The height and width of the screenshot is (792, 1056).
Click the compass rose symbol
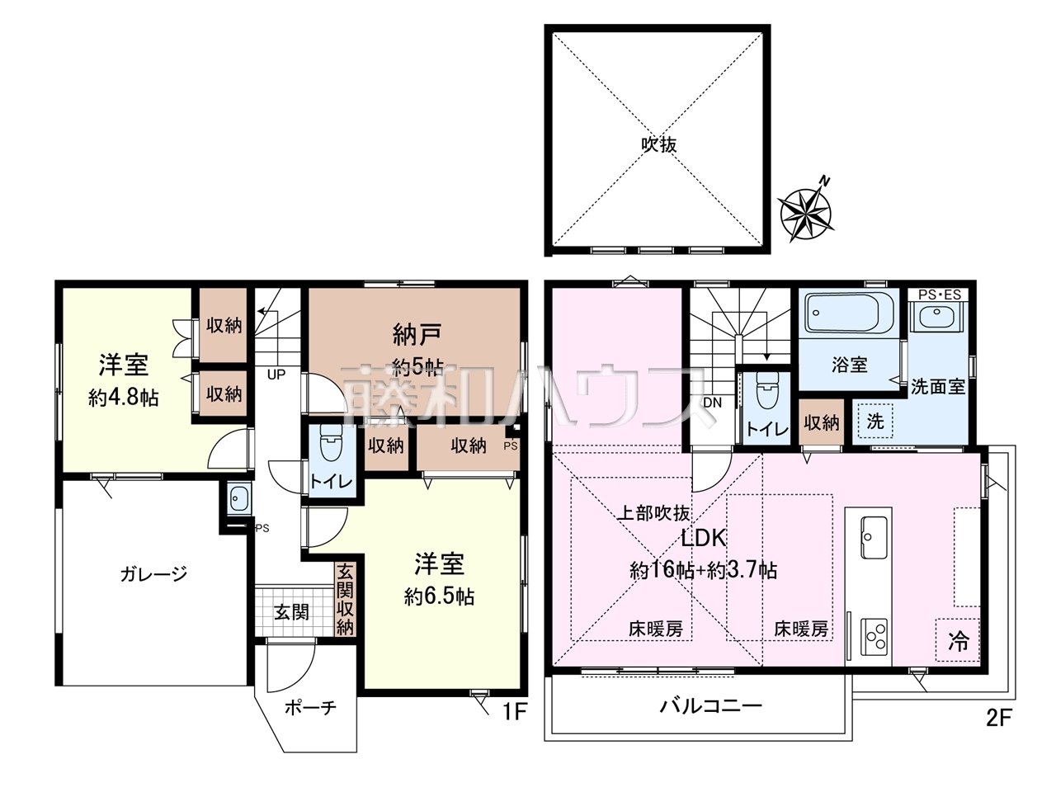(806, 212)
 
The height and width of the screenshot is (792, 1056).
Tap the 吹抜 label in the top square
(658, 144)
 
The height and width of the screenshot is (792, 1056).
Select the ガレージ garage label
(153, 574)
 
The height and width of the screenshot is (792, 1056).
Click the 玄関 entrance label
(291, 612)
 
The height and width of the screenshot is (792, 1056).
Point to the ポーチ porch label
(310, 707)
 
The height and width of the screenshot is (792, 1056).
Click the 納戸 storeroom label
(417, 335)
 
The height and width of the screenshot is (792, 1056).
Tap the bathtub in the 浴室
(849, 313)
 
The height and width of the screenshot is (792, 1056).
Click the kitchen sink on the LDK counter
(874, 538)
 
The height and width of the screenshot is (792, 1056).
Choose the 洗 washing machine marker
(875, 422)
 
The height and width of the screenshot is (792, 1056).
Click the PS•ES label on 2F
(940, 295)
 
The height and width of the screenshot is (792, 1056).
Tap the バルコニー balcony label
(710, 706)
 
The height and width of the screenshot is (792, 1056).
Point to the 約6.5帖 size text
(439, 596)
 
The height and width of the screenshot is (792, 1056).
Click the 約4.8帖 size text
(123, 398)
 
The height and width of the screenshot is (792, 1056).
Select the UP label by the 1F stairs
(276, 374)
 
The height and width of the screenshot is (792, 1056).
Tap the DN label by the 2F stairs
(713, 403)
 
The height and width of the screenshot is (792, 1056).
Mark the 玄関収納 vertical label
(345, 600)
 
